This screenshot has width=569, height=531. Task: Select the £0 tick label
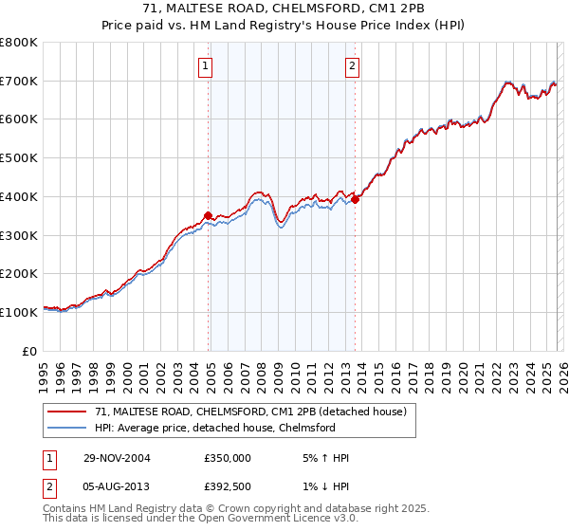tap(31, 351)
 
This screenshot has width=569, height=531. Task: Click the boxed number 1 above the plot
tap(207, 65)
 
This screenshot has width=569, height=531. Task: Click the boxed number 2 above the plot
tap(352, 65)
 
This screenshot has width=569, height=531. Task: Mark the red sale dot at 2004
tap(209, 215)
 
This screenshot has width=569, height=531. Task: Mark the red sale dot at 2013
tap(356, 199)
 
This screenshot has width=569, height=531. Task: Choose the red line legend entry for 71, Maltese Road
tap(250, 412)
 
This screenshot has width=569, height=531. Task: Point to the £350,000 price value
tap(228, 458)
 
